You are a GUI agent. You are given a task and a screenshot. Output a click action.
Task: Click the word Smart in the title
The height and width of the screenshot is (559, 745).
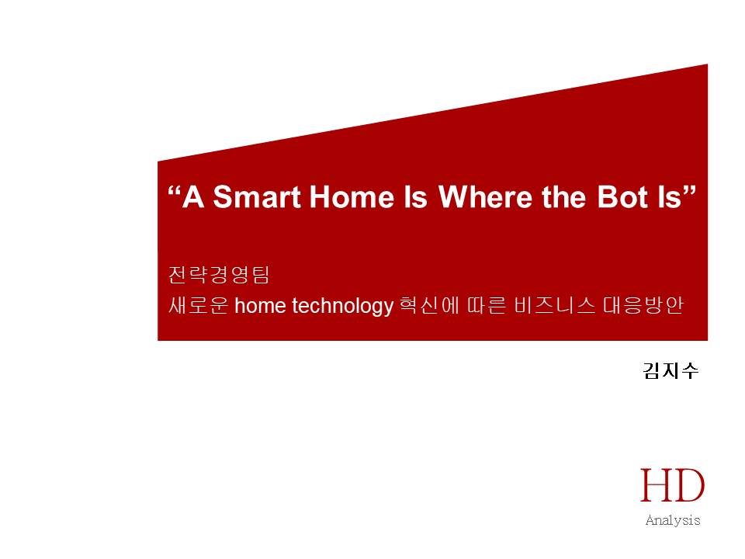(x=257, y=196)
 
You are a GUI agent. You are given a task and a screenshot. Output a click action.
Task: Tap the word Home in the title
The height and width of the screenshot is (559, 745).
(x=352, y=196)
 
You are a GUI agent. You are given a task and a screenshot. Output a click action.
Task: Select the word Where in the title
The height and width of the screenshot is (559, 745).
(x=485, y=196)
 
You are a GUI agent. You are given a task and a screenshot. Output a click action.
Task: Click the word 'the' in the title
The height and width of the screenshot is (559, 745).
(x=564, y=196)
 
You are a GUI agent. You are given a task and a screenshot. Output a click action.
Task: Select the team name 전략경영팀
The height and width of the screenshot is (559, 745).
(x=219, y=274)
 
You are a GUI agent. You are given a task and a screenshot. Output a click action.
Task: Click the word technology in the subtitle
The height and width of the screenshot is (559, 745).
(x=342, y=306)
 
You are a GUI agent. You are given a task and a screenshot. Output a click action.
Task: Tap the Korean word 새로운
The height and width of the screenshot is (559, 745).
(x=198, y=304)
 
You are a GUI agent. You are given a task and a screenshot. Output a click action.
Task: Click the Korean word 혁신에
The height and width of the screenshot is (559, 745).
(x=430, y=304)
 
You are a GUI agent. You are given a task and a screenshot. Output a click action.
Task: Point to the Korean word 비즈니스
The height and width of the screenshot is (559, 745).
(x=554, y=304)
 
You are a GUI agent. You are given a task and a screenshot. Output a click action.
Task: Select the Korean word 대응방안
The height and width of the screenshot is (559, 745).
(x=643, y=304)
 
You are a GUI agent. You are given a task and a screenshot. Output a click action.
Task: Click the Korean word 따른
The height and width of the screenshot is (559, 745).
(x=487, y=304)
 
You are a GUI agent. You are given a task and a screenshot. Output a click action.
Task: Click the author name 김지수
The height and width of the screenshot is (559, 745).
(x=670, y=370)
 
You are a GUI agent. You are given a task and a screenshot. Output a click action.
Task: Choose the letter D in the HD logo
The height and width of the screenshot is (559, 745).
(x=688, y=484)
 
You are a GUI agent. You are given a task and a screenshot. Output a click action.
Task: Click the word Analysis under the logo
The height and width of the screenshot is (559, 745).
(x=673, y=520)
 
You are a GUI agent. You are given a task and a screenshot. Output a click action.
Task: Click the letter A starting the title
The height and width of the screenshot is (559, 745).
(x=193, y=196)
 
